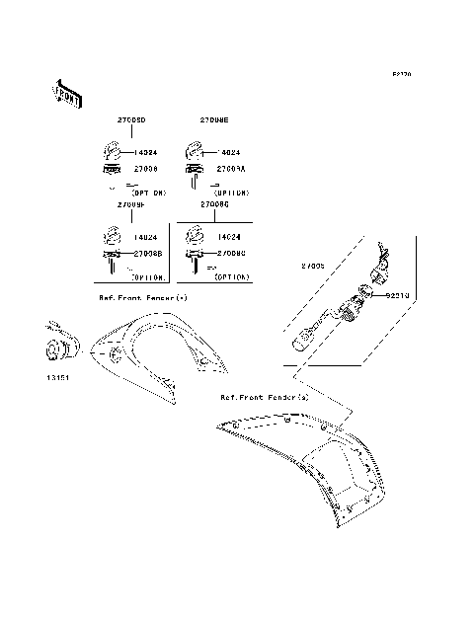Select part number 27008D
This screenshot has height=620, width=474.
coord(131,118)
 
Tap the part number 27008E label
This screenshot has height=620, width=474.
coord(214,118)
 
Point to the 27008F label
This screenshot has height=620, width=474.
coord(131,205)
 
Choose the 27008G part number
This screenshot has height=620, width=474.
coord(214,205)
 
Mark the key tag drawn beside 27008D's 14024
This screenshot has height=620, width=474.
coord(112,151)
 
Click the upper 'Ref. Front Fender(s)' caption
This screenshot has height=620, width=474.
coord(143,296)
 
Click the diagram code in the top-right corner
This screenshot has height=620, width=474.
coord(402,73)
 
